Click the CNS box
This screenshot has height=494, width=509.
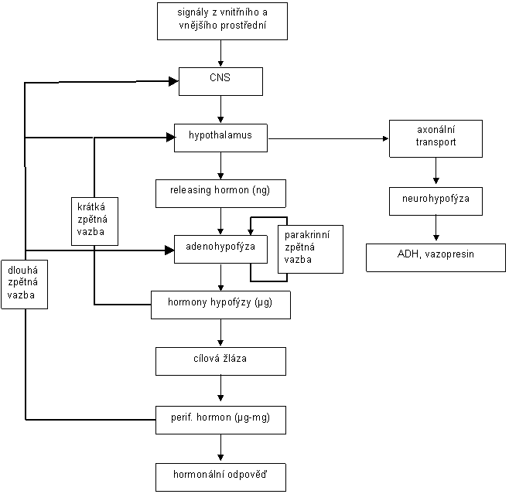tap(220, 81)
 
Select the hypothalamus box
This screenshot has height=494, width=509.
tap(220, 138)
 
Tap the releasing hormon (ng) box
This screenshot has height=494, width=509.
tap(220, 193)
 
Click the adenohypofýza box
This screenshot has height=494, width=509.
tap(220, 249)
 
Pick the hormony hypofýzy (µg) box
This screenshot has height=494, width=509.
tap(220, 305)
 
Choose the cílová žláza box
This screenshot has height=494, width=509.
tap(220, 361)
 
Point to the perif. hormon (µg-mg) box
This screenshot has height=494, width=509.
tap(220, 420)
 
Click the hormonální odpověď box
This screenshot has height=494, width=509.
tap(220, 477)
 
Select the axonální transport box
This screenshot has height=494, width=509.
tap(436, 139)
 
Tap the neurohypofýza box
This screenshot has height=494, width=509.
tap(436, 201)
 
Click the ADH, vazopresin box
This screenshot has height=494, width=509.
tap(436, 258)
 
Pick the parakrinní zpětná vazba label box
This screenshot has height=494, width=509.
tap(310, 249)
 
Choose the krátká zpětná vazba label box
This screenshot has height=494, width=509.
tap(95, 221)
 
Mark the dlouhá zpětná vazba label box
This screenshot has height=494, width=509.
tap(24, 284)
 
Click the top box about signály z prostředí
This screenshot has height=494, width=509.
tap(222, 21)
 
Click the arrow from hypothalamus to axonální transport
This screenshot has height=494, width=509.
tap(328, 139)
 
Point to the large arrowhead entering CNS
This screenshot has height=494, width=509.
tap(174, 81)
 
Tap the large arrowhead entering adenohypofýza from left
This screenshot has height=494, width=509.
tap(169, 250)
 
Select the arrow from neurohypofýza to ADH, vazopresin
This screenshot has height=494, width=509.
tap(436, 228)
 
